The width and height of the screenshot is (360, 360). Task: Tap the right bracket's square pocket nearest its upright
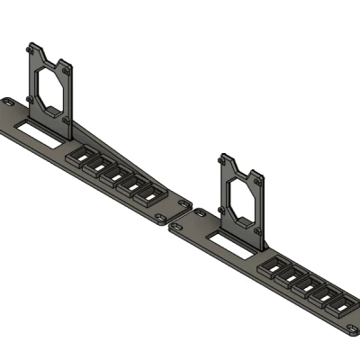pyautogui.click(x=273, y=268)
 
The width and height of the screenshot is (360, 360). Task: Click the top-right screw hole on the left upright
pyautogui.click(x=69, y=68)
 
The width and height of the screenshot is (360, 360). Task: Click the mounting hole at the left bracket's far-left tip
pyautogui.click(x=9, y=103)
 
